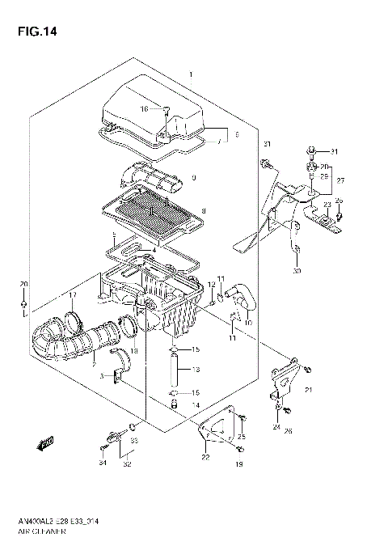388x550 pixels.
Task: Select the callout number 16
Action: tap(145, 108)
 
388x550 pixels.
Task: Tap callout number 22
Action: tap(206, 458)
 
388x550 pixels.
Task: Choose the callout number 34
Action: tap(102, 463)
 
